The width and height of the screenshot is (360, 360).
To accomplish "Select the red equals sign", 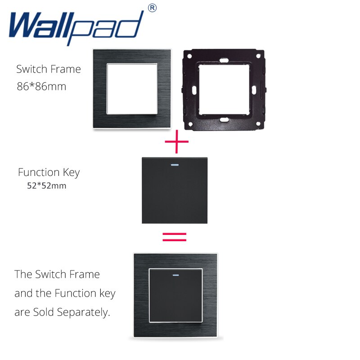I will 174,237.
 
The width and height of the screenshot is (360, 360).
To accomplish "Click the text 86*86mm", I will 41,86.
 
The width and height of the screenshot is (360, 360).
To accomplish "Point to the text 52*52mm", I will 47,185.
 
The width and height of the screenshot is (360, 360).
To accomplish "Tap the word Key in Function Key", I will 71,172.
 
